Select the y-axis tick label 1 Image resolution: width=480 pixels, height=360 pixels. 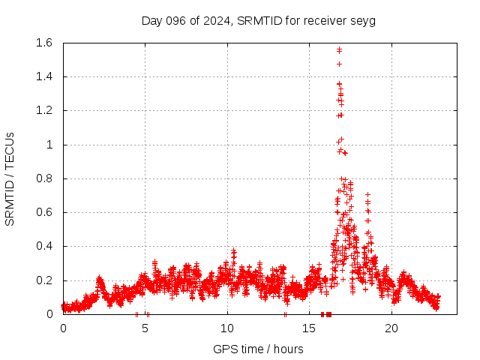(x=50, y=145)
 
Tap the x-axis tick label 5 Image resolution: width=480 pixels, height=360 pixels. (x=145, y=328)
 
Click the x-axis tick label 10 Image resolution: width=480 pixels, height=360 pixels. (x=227, y=328)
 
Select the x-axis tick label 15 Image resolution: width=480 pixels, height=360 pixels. (x=310, y=328)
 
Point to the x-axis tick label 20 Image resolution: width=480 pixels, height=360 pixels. (x=391, y=328)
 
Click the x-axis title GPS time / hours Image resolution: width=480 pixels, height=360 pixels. (x=258, y=349)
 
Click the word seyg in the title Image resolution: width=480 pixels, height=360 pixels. (x=363, y=20)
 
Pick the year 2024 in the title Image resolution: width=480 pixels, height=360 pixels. (x=217, y=20)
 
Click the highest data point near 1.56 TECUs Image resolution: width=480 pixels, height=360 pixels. (x=339, y=49)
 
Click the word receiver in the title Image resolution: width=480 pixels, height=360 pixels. (x=325, y=20)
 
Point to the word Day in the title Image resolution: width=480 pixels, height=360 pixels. (x=152, y=20)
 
